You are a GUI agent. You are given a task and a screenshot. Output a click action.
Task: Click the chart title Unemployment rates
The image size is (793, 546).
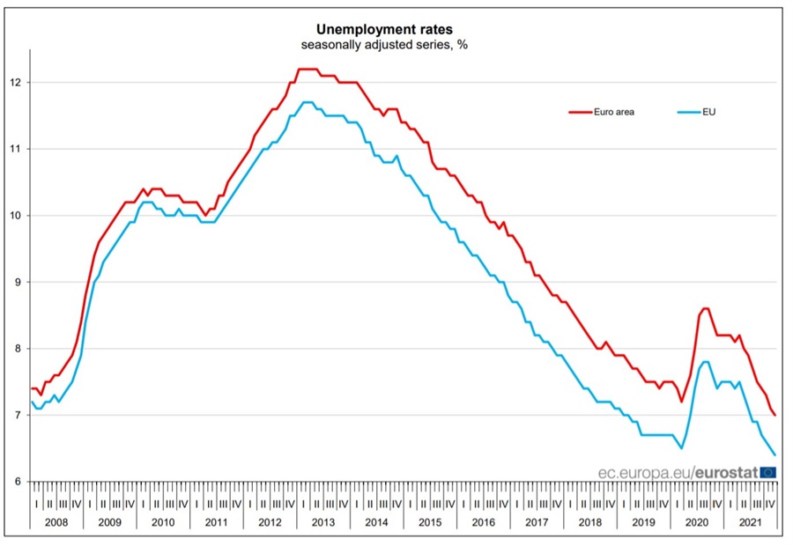383,29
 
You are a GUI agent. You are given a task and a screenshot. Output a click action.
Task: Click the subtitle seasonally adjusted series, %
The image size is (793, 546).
383,45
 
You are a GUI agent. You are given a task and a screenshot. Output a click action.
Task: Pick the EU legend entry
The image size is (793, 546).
708,112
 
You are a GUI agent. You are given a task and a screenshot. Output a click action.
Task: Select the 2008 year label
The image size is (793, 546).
56,521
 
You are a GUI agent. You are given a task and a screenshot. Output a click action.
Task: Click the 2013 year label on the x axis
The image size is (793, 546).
323,521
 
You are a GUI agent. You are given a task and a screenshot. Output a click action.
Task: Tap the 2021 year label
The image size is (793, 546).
751,521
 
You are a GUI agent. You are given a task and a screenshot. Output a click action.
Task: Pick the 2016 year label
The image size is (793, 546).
484,521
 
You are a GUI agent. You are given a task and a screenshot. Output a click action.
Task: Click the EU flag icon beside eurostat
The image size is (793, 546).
767,472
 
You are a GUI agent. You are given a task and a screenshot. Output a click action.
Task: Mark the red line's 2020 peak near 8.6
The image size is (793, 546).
705,308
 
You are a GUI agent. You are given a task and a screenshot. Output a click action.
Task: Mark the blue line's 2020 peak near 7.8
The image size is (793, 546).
705,362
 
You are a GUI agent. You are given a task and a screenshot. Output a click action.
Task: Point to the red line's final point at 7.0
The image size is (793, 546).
774,415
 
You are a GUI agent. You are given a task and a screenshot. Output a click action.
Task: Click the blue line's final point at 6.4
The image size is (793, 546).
774,454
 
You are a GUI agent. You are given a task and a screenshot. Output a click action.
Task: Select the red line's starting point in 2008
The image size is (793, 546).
32,388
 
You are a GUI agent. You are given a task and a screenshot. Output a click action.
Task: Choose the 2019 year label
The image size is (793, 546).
644,521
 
